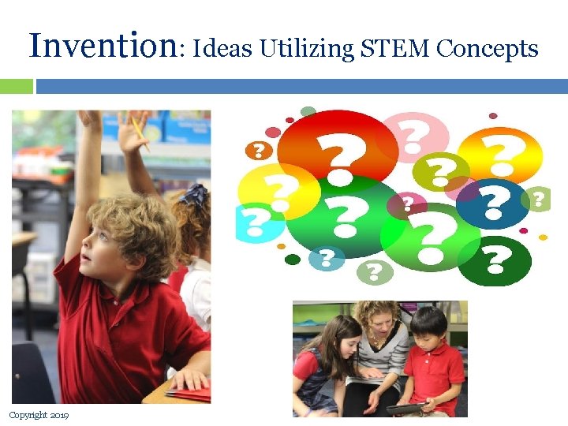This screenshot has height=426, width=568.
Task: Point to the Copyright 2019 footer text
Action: pyautogui.click(x=39, y=415)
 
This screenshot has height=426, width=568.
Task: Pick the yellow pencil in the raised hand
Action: pyautogui.click(x=140, y=132)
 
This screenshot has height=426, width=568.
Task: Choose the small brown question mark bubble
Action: pyautogui.click(x=259, y=150)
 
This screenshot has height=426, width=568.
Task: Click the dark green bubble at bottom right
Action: pyautogui.click(x=495, y=260)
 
